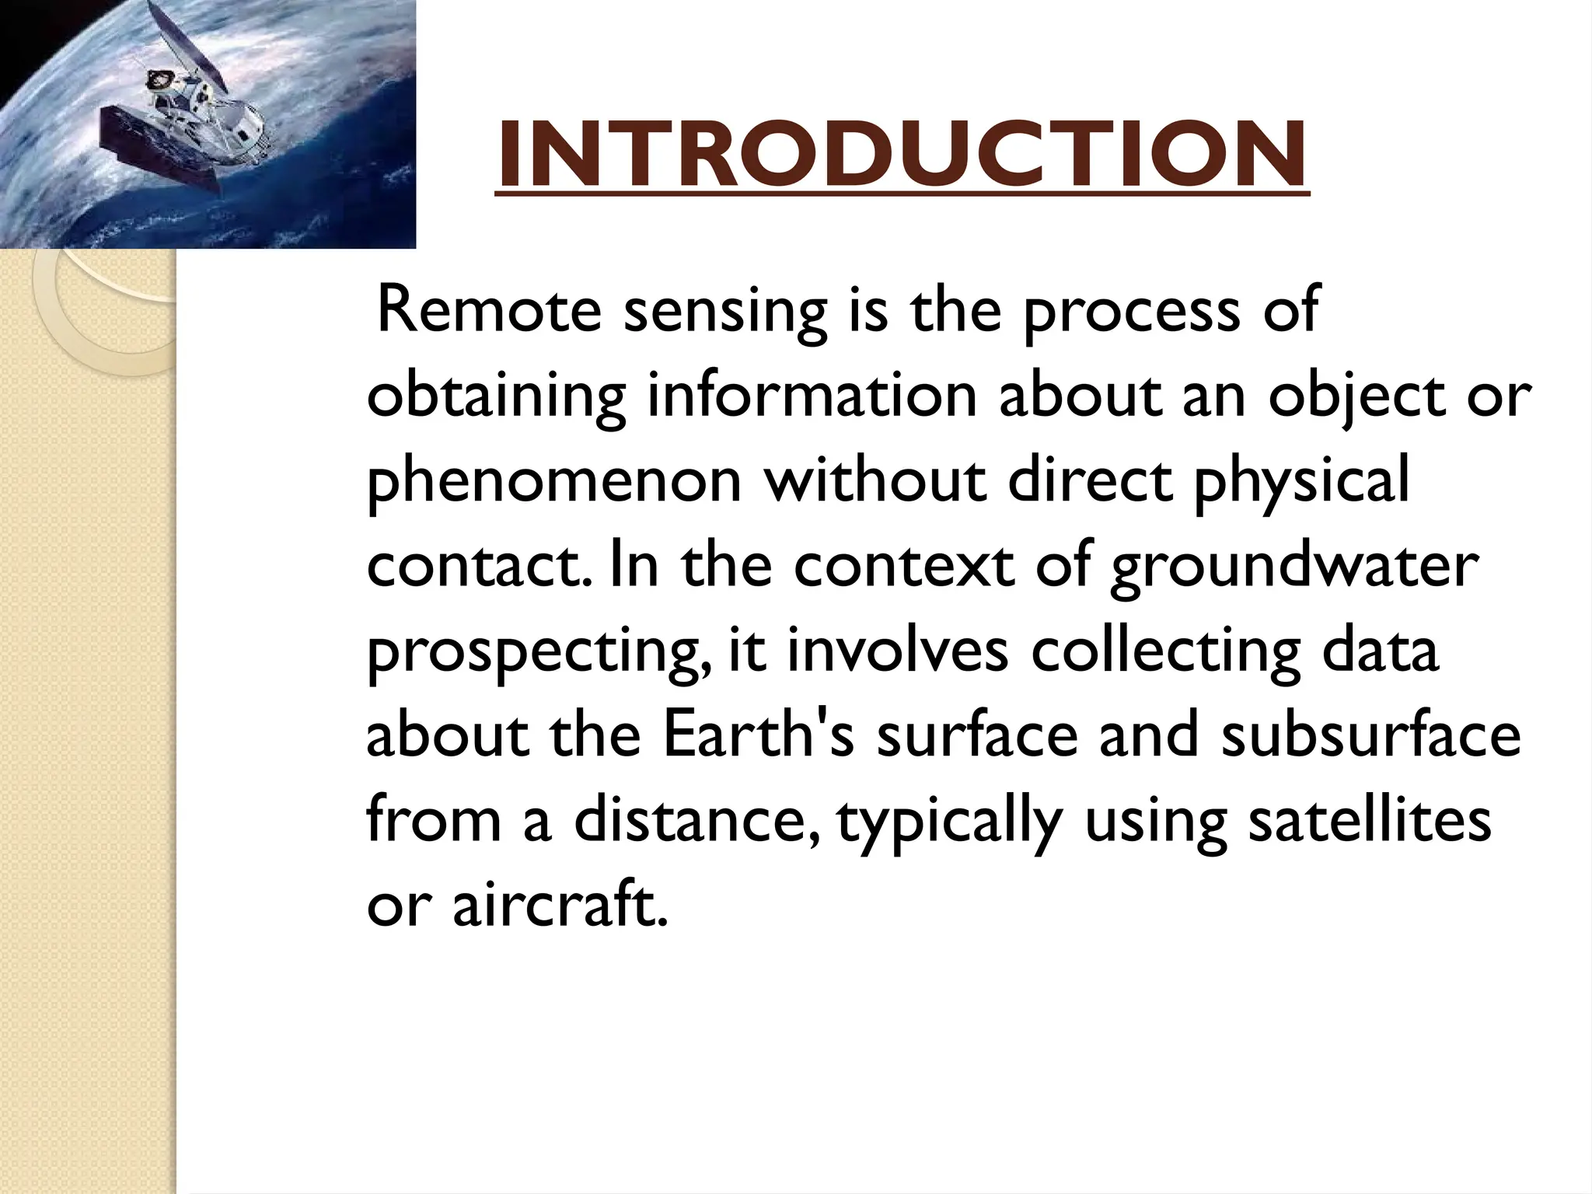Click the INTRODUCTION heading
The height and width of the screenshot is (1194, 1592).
[x=902, y=155]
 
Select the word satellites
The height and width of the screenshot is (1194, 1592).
[x=1369, y=821]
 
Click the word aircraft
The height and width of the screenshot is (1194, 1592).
[x=560, y=906]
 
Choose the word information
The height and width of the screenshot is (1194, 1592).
[x=812, y=396]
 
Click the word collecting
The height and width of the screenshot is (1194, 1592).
[x=1165, y=651]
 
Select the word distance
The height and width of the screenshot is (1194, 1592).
[x=696, y=821]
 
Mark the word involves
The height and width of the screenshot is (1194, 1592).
[x=897, y=651]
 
